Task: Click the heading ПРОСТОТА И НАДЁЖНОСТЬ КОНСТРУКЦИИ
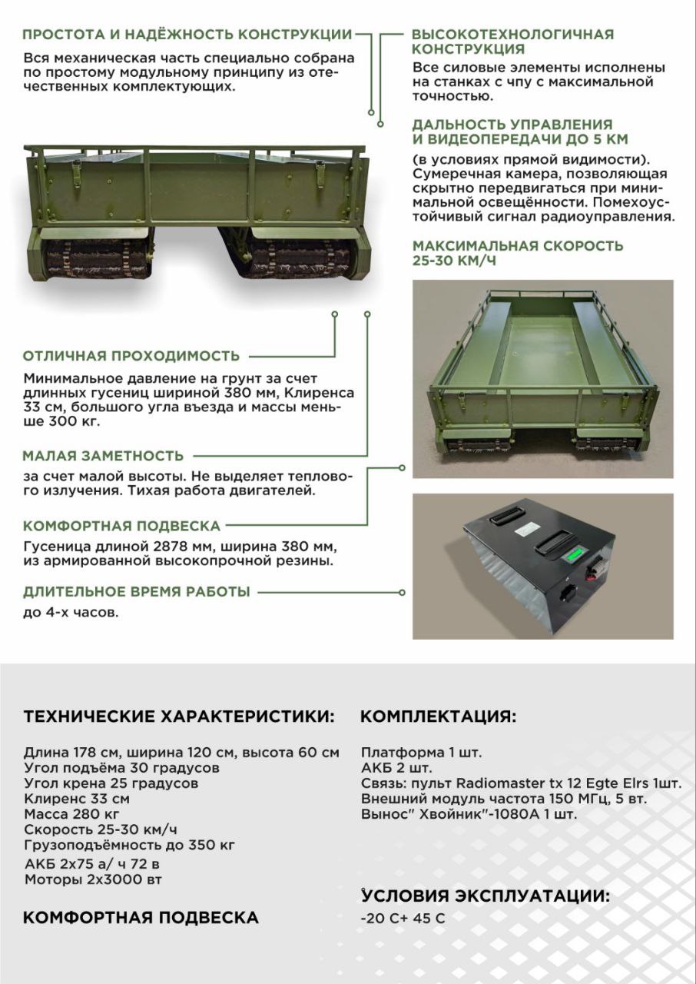coord(187,35)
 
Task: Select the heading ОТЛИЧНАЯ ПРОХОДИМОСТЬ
coord(131,356)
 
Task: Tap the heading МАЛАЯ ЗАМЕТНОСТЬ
coord(104,456)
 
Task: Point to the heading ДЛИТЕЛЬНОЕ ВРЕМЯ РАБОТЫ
coord(137,592)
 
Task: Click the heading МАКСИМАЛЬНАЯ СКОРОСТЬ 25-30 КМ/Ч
coord(518,253)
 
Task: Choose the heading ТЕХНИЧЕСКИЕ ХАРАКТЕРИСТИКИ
coord(179,716)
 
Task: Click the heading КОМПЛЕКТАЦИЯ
coord(438,716)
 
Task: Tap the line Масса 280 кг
coord(72,814)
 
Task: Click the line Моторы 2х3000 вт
coord(93,879)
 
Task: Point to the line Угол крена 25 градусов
coord(111,783)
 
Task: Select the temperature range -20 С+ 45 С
coord(403,918)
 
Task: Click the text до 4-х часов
coord(71,613)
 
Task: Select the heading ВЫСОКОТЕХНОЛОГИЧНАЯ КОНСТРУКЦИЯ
coord(512,42)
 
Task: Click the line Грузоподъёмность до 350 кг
coord(129,845)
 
